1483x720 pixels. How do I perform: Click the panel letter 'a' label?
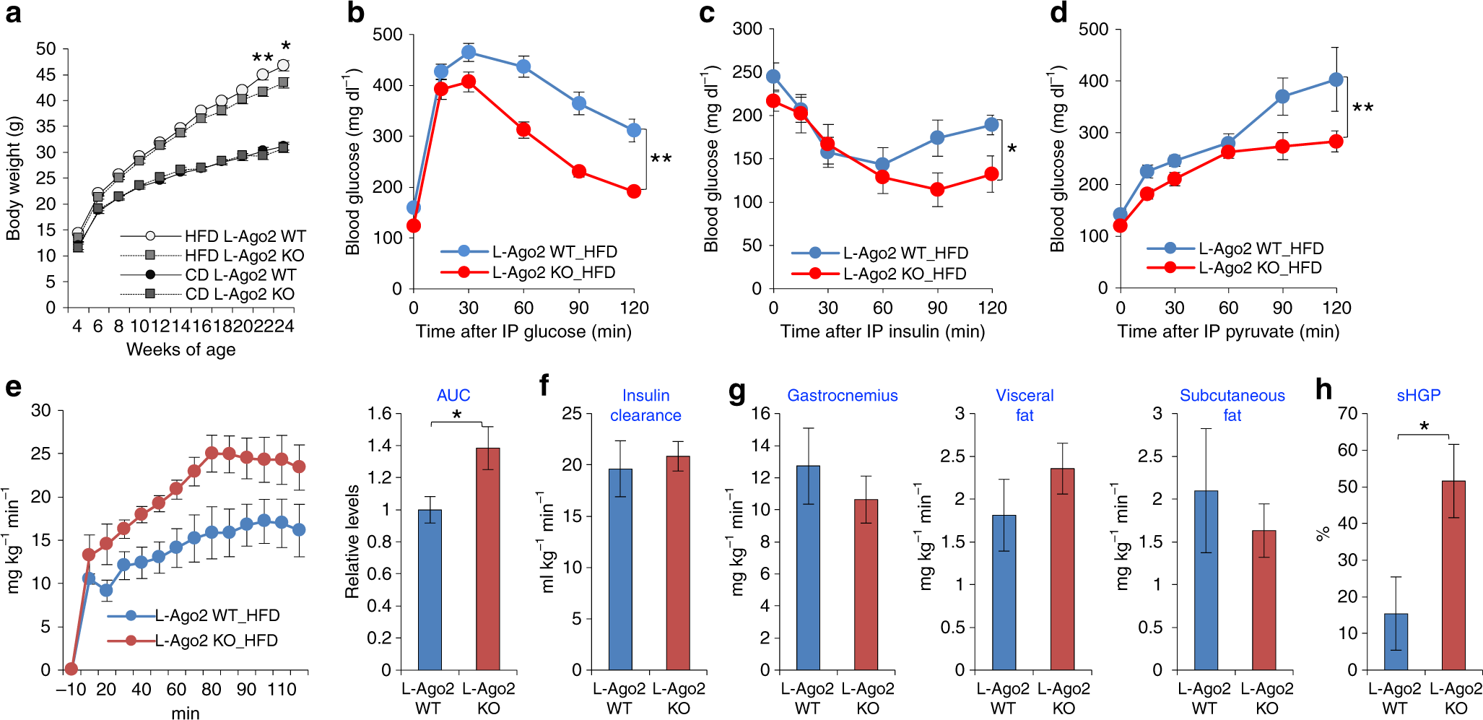[13, 14]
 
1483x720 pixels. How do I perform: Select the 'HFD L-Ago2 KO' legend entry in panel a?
[244, 256]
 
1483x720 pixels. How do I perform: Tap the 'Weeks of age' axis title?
[181, 350]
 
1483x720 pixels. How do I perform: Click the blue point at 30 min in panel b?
[469, 52]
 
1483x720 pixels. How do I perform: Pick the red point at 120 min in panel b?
[634, 191]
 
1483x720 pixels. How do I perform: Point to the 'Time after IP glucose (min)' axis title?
[523, 331]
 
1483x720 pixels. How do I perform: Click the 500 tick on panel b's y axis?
[388, 35]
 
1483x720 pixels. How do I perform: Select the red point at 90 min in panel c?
[937, 189]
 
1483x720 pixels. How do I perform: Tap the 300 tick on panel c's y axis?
[747, 29]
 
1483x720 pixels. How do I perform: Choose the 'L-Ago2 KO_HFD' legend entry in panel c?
[904, 274]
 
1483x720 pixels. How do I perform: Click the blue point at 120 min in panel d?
[1336, 79]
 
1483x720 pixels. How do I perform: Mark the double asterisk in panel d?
[1363, 108]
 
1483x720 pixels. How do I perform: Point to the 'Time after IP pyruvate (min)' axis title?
[1228, 331]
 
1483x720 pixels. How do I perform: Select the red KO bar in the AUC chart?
[488, 559]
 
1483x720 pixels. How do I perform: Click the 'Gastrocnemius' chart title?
[842, 396]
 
